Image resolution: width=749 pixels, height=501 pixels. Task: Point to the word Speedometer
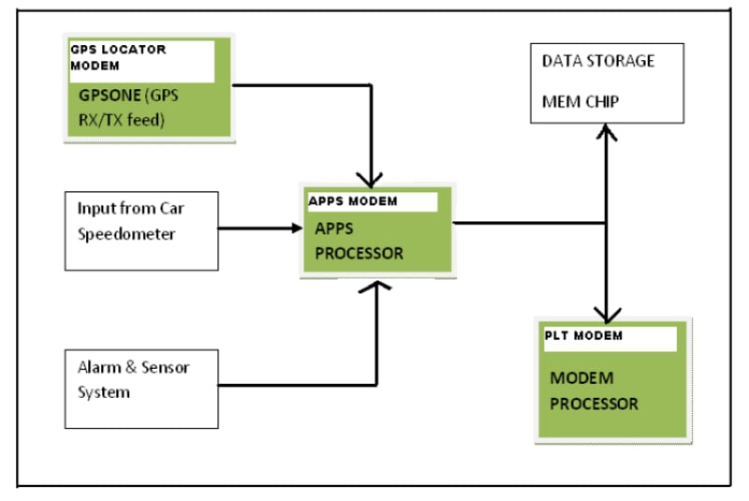coord(126,234)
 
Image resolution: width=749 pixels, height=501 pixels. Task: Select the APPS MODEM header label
coord(353,201)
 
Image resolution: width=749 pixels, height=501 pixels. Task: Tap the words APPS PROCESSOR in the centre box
coord(359,241)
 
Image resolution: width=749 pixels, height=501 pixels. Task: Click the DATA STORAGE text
coord(598,62)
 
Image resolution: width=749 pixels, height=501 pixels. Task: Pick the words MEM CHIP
coord(580,101)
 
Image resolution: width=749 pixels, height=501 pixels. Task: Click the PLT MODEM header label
coord(583,335)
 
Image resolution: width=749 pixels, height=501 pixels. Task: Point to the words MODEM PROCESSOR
coord(594,390)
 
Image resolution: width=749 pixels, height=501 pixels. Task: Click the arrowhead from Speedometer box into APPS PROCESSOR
coord(291,227)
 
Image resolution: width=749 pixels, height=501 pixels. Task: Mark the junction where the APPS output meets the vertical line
coord(608,223)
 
